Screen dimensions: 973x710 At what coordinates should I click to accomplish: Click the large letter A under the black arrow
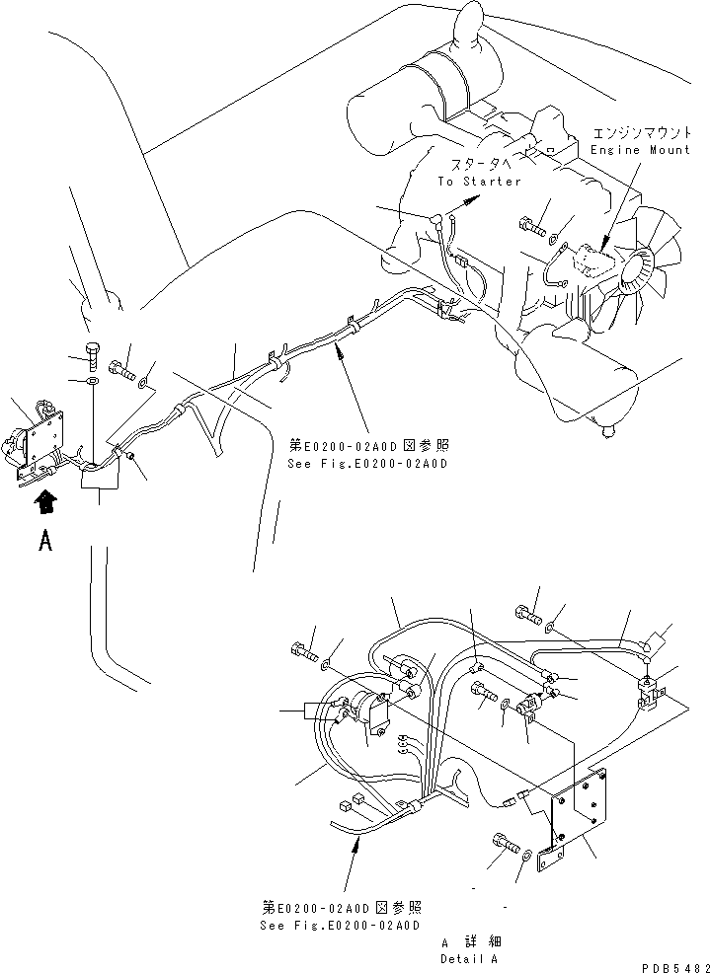(44, 541)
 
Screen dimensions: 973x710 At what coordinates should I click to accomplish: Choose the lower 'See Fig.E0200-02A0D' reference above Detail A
(341, 917)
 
